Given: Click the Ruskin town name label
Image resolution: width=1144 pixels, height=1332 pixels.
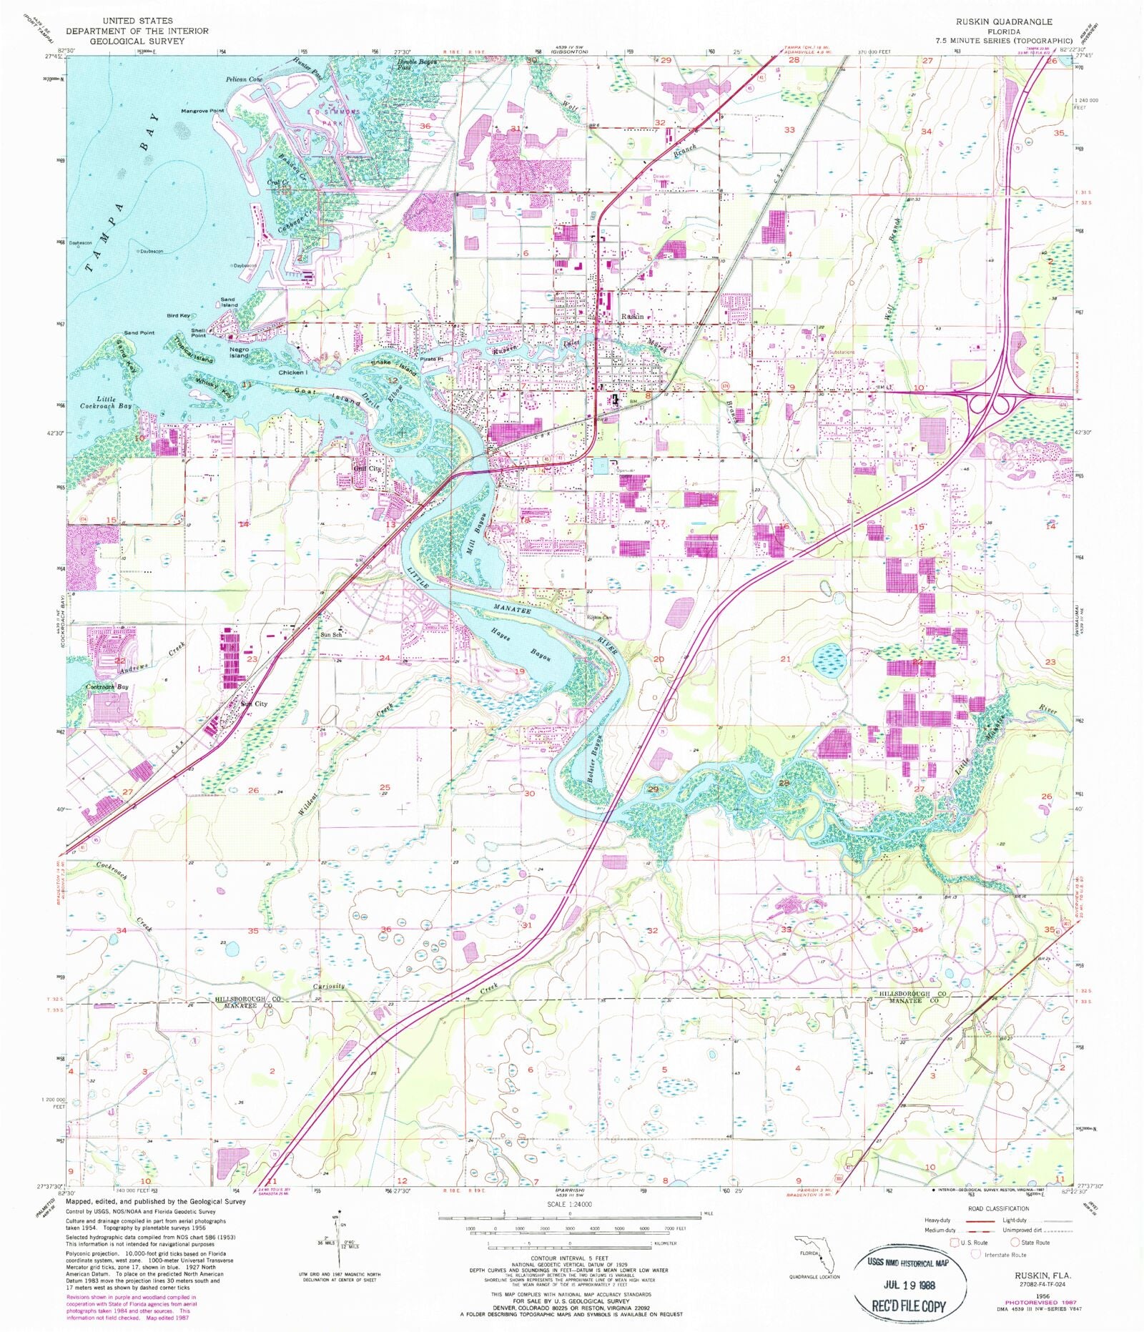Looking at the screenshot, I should tap(632, 316).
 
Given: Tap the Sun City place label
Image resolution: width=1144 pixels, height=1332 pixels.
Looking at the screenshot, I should tap(254, 704).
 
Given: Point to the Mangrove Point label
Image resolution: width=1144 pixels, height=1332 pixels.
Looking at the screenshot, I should tap(202, 111).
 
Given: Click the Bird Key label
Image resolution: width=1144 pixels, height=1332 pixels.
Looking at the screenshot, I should tap(179, 315).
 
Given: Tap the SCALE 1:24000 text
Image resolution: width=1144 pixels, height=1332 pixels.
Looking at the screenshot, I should tap(571, 1204).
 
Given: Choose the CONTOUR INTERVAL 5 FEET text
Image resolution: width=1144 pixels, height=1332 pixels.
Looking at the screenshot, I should tap(569, 1258).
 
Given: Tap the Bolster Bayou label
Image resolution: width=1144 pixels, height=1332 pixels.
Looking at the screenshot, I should tap(593, 760).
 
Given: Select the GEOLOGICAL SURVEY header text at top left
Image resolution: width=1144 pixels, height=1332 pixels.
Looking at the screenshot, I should tap(127, 41).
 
